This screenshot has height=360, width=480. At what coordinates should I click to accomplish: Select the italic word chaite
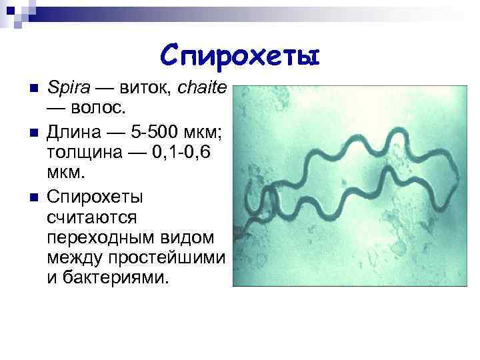(203, 88)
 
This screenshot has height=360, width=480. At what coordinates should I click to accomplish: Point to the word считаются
(92, 217)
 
